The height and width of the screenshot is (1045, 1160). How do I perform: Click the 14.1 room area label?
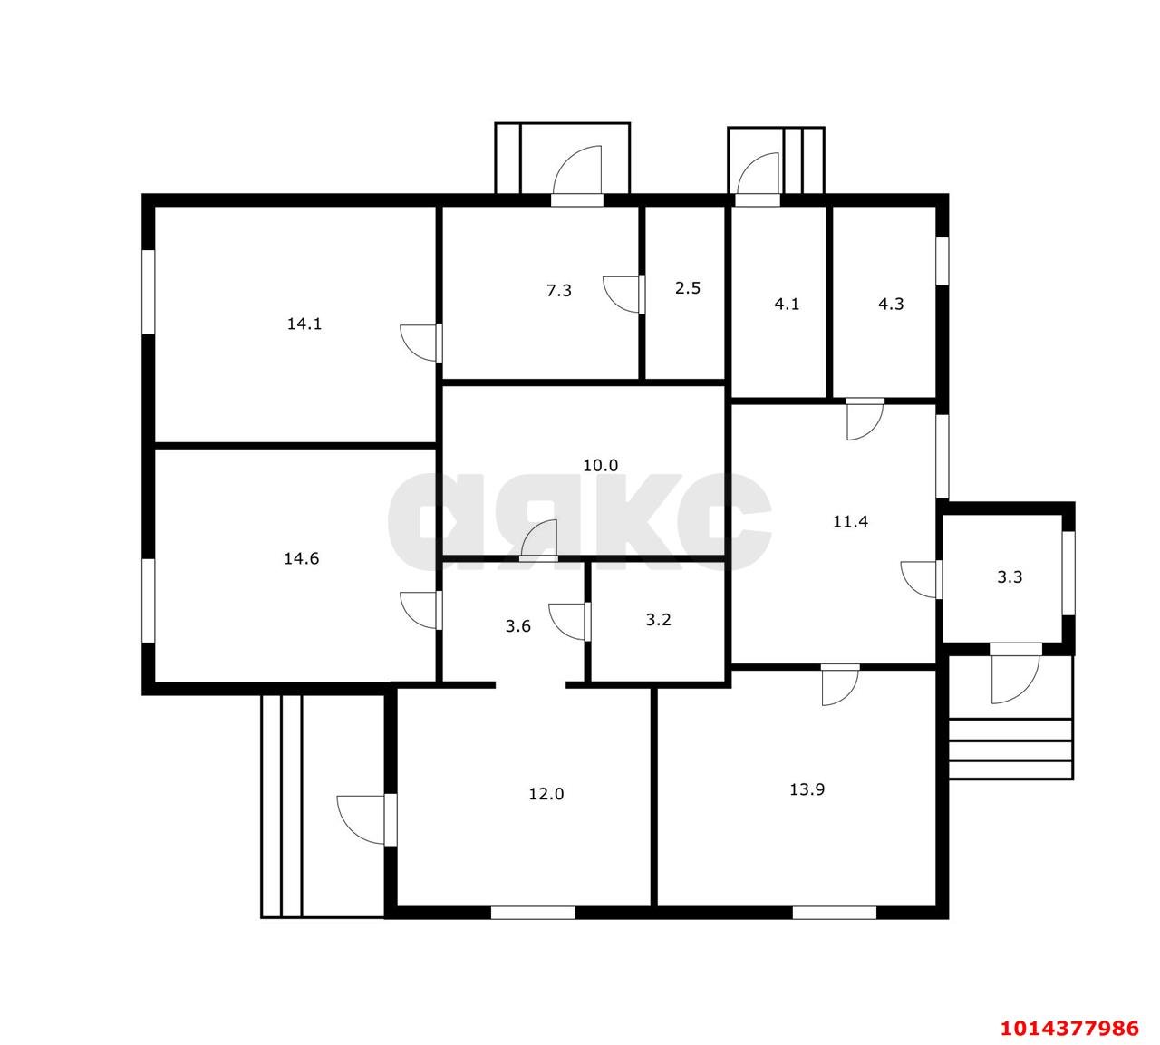click(304, 324)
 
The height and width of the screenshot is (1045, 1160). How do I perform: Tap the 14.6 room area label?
click(301, 558)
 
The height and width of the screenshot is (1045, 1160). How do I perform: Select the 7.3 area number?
click(558, 290)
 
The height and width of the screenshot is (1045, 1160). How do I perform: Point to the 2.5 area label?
click(688, 288)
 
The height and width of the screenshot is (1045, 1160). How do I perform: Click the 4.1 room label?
click(787, 305)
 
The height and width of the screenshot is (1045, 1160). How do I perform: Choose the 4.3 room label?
click(891, 305)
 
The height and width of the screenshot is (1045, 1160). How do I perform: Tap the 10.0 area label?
click(600, 466)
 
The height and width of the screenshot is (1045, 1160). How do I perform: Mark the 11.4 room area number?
click(850, 522)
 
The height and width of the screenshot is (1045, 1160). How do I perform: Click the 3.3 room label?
click(1010, 577)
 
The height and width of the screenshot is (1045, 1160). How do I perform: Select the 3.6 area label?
click(517, 626)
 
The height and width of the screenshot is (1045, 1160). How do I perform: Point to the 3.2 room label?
click(658, 620)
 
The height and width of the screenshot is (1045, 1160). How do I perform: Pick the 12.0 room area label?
click(546, 794)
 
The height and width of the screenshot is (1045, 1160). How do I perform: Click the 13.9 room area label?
click(807, 789)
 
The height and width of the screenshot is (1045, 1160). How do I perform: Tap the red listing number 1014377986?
click(1069, 1028)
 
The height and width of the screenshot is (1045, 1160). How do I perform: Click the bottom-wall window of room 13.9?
click(834, 913)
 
